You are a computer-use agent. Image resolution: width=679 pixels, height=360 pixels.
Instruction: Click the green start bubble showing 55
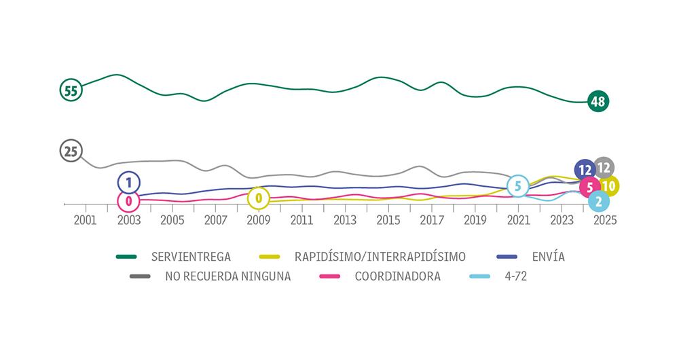tap(71, 90)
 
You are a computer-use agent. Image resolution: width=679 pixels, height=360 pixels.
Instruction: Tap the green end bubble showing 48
tap(598, 102)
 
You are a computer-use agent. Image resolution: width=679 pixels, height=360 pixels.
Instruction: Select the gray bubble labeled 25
tap(71, 151)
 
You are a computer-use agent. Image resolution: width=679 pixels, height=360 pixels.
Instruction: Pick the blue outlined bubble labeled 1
tap(129, 182)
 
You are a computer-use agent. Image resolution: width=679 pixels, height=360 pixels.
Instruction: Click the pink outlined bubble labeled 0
tap(128, 200)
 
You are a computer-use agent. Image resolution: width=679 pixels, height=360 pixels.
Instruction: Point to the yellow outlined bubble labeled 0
tap(258, 199)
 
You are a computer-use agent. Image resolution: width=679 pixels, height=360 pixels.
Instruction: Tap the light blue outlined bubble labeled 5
tap(518, 185)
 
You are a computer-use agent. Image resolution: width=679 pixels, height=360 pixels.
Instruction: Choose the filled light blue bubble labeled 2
tap(598, 201)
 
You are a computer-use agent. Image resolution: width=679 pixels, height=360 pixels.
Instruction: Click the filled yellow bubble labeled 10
tap(608, 185)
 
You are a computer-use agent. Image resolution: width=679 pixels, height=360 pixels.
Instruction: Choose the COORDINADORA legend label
tap(397, 276)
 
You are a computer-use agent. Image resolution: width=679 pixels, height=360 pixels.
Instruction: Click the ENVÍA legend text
tap(549, 257)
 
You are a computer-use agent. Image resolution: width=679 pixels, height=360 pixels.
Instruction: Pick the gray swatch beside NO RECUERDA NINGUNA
tap(141, 276)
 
